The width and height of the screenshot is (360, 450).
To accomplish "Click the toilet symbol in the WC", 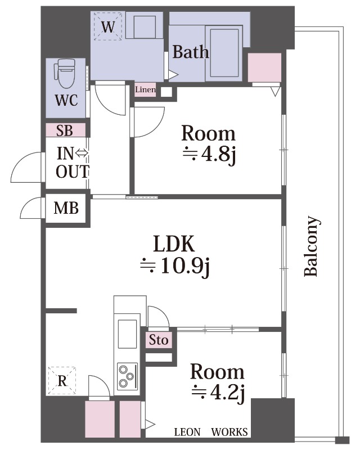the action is coord(65,73).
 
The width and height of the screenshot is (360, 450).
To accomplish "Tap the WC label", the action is coord(66,101).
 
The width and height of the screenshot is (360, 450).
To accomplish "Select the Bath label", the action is coord(190,52).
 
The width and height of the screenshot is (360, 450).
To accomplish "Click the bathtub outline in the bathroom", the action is coord(225,52).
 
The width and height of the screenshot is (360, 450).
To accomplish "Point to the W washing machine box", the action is coord(108,26).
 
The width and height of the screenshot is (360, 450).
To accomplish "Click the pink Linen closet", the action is coord(145,89).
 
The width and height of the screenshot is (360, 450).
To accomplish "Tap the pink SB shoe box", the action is coord(66,130).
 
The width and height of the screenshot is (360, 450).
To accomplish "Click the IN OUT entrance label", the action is coord(73,163).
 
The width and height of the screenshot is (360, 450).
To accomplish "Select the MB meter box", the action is coord(66,208).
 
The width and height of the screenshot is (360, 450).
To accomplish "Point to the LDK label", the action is coord(174,244).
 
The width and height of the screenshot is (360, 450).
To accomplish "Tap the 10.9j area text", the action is coord(175,266).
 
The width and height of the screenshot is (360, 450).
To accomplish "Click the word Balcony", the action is coord(312,246).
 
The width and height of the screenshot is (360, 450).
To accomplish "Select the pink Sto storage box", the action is coord(159,340).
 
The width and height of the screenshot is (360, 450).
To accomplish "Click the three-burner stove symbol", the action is coord(128,376).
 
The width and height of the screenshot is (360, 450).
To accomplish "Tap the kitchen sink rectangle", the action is coord(128,334).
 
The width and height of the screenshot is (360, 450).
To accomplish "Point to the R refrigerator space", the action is coord(62,381).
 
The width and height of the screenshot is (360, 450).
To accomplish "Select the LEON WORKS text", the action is coord(211,432).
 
